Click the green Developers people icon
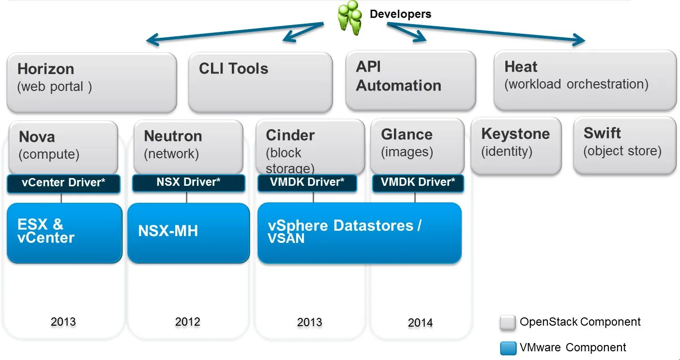(350, 17)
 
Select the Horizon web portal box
(91, 82)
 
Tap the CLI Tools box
(260, 82)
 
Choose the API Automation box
(410, 80)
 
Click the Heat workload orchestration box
(585, 80)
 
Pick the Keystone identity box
(515, 146)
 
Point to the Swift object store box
(624, 145)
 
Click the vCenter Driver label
(63, 183)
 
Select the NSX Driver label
(188, 183)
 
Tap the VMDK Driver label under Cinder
(307, 183)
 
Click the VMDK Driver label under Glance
(418, 183)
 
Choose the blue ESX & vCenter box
(64, 233)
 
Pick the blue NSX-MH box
(188, 233)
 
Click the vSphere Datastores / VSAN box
(359, 233)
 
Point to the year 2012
(188, 322)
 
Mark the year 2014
(420, 323)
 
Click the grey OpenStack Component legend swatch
(508, 323)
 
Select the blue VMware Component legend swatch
(508, 348)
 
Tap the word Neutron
(173, 136)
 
